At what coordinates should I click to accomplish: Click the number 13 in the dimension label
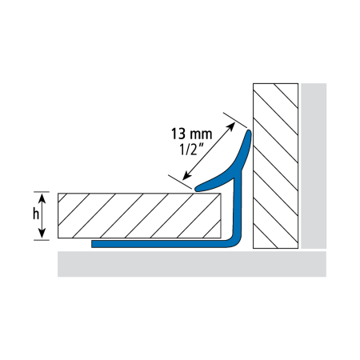point(178,134)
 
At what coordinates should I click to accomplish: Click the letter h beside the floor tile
point(36,214)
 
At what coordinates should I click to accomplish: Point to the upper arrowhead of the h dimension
point(42,198)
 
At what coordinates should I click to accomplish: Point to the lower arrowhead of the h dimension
point(42,233)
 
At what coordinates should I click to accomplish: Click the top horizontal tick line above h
point(42,192)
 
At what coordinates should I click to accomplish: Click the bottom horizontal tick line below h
point(42,240)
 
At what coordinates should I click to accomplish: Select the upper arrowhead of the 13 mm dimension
point(230,127)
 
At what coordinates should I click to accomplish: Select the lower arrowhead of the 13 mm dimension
point(187,175)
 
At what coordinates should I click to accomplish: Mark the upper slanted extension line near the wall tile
point(235,120)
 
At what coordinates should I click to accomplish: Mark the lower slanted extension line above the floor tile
point(180,182)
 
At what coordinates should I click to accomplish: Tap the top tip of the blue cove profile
point(249,131)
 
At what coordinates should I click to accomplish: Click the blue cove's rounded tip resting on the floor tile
point(198,189)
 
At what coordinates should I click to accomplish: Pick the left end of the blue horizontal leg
point(92,244)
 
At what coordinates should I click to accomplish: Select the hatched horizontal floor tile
point(139,215)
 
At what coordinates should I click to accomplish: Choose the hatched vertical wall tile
point(275,166)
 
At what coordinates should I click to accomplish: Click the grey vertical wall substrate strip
point(314,166)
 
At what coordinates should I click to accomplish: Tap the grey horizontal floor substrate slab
point(192,264)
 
